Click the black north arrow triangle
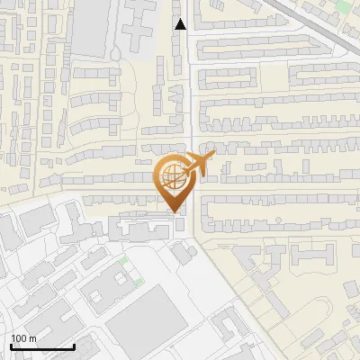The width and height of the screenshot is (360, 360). pos(181,24)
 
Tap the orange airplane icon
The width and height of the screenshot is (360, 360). pos(193,166)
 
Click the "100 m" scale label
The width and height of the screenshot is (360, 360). pos(24,338)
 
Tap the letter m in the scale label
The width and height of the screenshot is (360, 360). pos(33,338)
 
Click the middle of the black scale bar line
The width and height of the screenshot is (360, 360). pos(41,347)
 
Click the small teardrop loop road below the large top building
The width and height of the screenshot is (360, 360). pos(115,53)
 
